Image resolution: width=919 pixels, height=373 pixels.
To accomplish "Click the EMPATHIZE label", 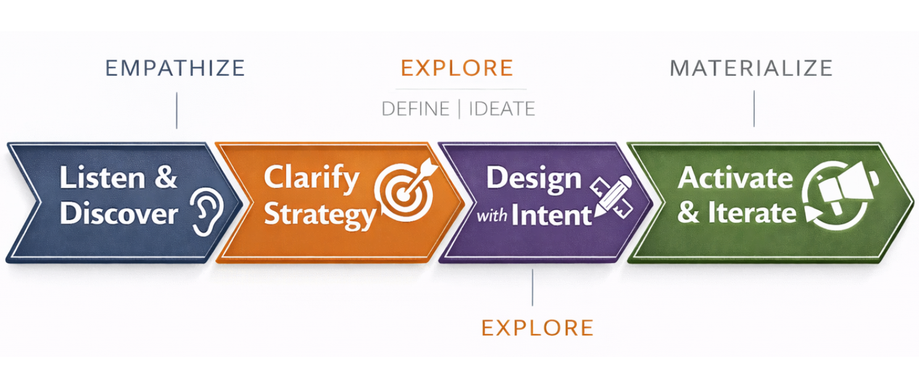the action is pos(175,68).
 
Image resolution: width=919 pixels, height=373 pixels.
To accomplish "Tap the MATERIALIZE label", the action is pos(751,68).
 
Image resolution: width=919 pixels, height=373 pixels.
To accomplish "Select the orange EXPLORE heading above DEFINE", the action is pos(457,68).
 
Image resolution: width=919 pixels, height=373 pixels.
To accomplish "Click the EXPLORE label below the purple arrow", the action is pos(537,327).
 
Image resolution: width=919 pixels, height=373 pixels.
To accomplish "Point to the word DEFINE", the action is pos(415,109).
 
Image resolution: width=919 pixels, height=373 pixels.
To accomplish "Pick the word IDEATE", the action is pos(502,109).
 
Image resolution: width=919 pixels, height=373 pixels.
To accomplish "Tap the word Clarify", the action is pos(311,178).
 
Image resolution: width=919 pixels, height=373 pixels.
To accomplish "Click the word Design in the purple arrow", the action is pos(533,178).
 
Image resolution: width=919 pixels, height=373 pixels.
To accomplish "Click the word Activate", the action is pos(734,178).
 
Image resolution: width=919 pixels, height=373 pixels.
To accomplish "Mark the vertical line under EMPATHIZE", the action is pos(177,110).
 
